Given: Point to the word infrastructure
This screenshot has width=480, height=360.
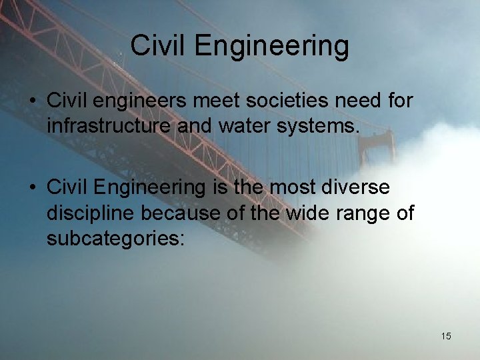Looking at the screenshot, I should point(113,125).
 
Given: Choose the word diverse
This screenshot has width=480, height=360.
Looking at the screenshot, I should point(357,187).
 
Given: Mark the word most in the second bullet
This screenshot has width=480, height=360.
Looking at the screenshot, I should point(295,188).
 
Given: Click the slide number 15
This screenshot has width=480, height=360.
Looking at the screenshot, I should point(446,336).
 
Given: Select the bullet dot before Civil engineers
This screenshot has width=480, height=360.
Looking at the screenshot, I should point(31,101).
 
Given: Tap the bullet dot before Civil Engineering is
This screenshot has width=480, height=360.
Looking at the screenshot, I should point(31,187).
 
